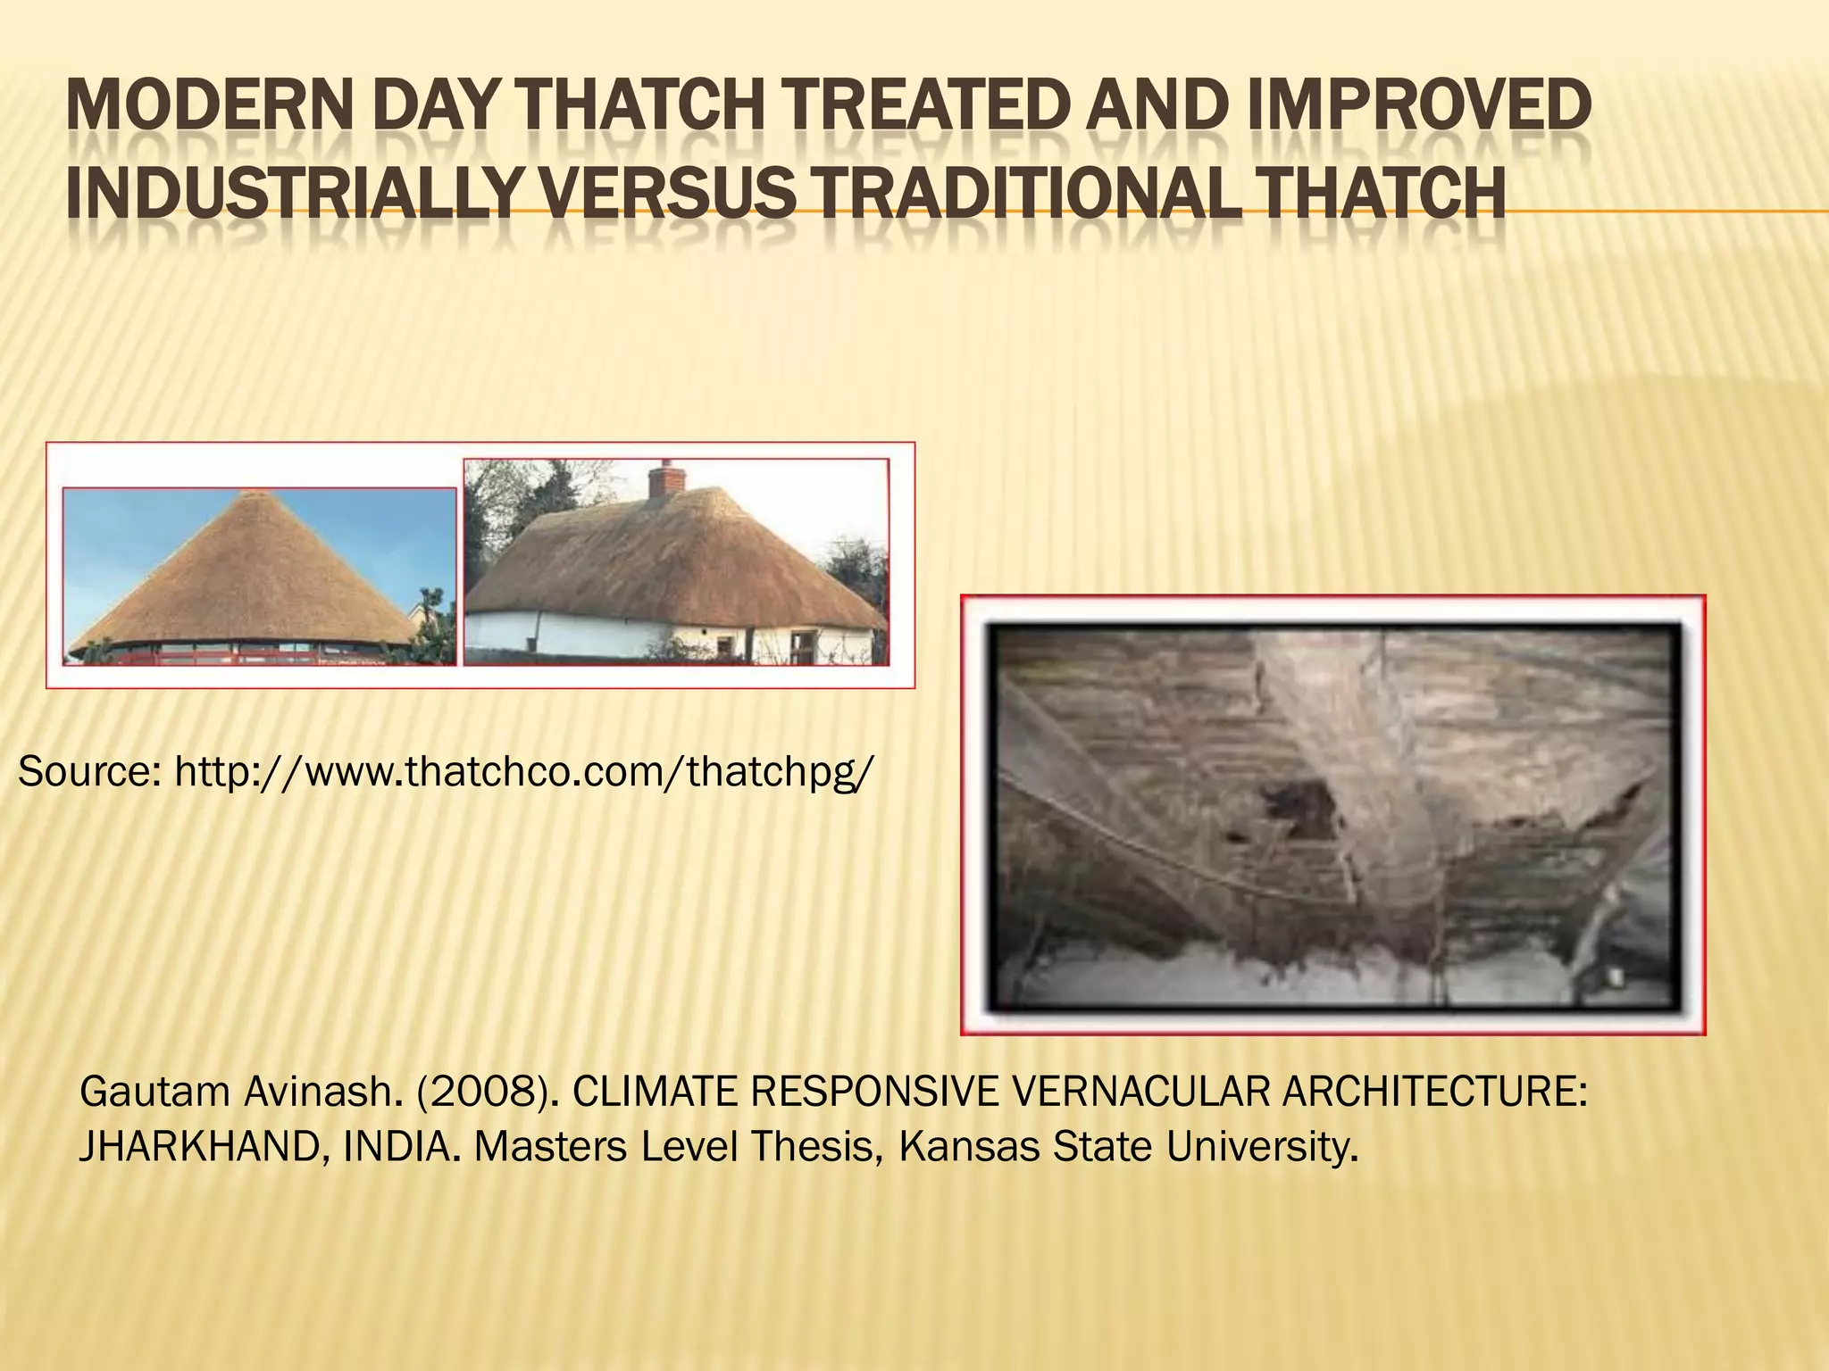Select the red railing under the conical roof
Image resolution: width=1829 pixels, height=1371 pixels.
[241, 654]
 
